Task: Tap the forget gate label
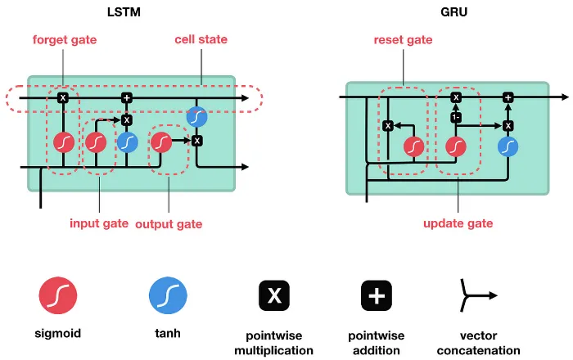click(x=65, y=39)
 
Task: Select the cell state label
click(x=201, y=39)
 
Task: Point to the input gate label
click(x=97, y=223)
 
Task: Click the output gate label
click(x=169, y=223)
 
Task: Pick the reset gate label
click(x=404, y=39)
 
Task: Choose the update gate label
click(x=458, y=223)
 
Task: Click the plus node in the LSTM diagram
click(x=127, y=98)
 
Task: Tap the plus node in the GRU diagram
click(x=508, y=97)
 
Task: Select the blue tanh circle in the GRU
click(x=508, y=146)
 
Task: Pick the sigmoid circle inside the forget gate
click(x=64, y=142)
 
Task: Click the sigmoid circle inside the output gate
click(x=160, y=142)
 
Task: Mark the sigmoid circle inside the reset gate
click(x=414, y=146)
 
